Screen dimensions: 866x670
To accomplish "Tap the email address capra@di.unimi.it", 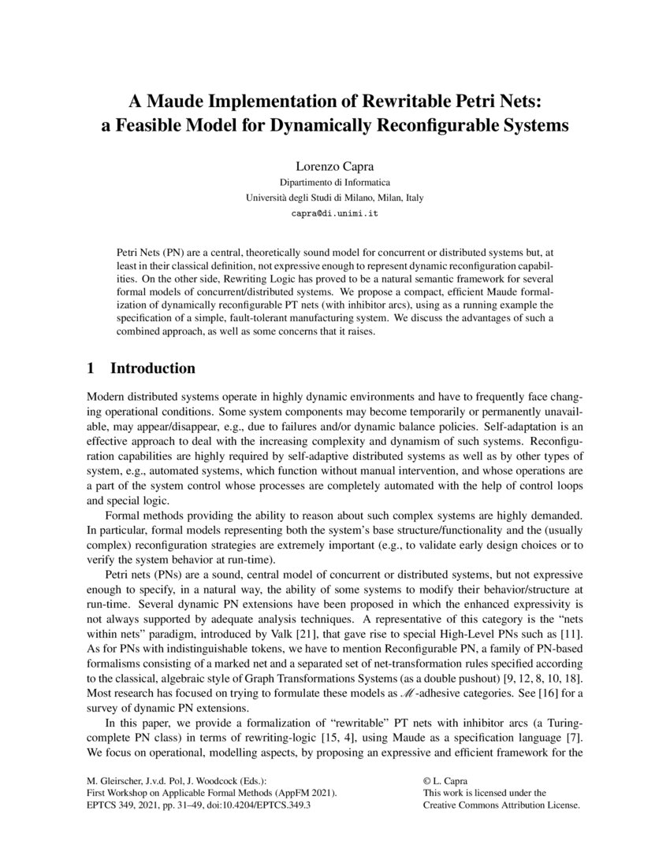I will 335,213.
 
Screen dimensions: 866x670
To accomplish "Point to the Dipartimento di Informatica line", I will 335,183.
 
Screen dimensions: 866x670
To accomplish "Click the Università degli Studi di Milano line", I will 335,198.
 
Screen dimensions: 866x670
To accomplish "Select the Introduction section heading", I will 152,368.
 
